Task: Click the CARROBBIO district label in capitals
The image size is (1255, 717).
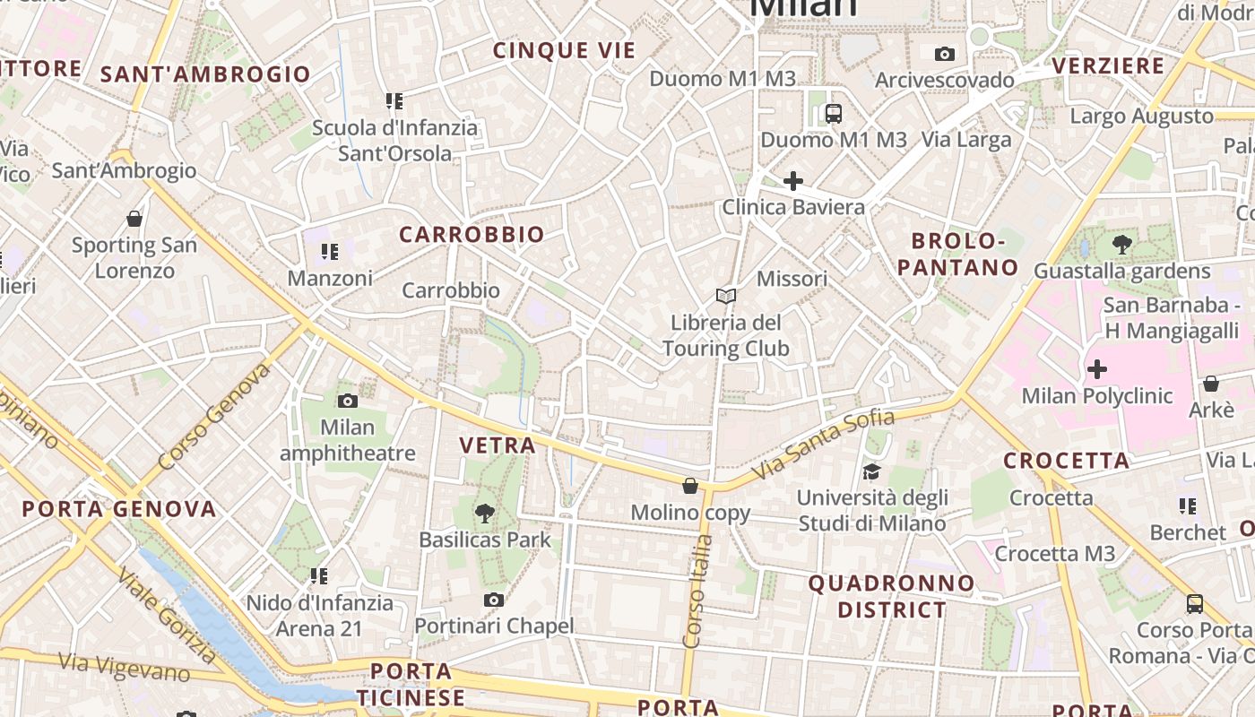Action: [x=472, y=235]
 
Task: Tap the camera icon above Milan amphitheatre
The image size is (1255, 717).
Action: [x=348, y=401]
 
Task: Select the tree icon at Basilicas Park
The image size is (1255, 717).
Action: [x=485, y=514]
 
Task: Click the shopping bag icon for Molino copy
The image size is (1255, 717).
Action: [x=690, y=486]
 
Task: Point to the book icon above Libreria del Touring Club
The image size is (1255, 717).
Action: [x=726, y=296]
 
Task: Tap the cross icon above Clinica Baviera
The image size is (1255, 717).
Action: [x=792, y=181]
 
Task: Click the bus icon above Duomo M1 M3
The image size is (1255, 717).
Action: [x=834, y=114]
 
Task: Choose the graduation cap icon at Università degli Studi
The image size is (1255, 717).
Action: [x=871, y=471]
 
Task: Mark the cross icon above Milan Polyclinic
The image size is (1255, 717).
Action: [x=1096, y=368]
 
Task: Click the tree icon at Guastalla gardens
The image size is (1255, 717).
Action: [x=1121, y=244]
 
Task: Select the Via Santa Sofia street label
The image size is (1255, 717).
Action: [x=823, y=445]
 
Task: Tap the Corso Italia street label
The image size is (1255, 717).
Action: [x=697, y=592]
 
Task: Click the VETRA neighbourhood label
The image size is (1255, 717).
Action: [x=498, y=445]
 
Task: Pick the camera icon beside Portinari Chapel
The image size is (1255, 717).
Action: [x=493, y=600]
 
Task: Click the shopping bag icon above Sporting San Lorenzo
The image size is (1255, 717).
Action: [x=134, y=219]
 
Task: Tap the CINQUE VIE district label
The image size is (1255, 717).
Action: [x=564, y=51]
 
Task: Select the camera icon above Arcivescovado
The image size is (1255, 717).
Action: [x=944, y=55]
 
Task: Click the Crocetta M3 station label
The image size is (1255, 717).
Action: [x=1055, y=554]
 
